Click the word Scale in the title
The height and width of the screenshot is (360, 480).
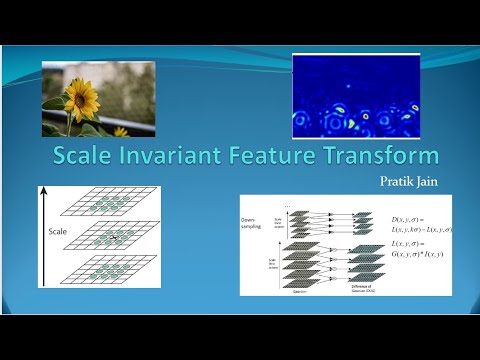87,156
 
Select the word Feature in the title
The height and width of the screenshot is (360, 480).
292,156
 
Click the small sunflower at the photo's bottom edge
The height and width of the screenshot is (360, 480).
121,131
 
